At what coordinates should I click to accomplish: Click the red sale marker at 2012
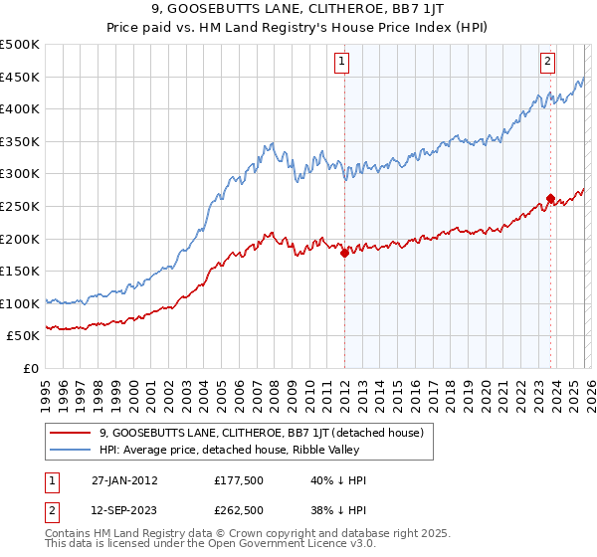344,254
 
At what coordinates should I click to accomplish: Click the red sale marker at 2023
549,198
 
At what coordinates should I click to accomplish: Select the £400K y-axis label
20,109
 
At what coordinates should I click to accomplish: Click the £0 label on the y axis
30,368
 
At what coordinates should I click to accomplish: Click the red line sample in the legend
71,433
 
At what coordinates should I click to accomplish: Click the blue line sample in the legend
71,450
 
